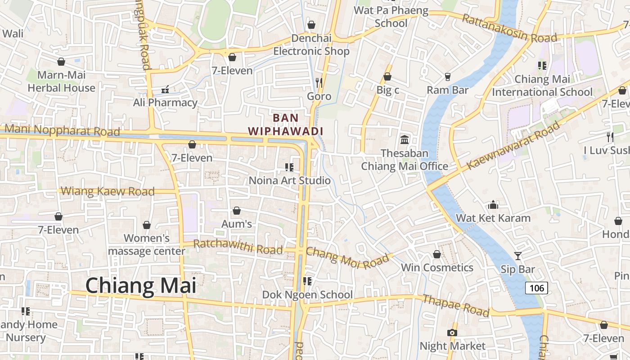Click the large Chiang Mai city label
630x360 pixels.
[140, 286]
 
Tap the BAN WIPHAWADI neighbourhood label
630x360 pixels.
[286, 125]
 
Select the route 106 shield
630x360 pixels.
[536, 288]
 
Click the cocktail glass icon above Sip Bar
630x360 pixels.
[518, 256]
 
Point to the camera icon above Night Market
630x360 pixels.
[452, 333]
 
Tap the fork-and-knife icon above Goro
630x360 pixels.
[319, 82]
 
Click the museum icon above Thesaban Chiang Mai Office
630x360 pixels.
[404, 139]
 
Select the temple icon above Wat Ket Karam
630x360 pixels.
[493, 205]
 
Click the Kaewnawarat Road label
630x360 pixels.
[513, 145]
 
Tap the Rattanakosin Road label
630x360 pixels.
[509, 28]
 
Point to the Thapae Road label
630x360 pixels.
[455, 305]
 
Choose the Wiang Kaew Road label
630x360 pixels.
[108, 191]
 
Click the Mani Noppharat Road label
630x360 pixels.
[62, 130]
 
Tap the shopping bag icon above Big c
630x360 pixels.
[387, 77]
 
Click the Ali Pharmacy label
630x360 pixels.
[165, 103]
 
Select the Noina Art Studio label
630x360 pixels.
[290, 180]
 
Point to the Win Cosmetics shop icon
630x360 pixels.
[436, 254]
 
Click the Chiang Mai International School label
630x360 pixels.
[542, 85]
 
